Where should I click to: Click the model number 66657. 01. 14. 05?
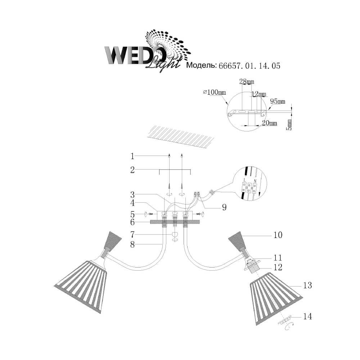[x=249, y=66]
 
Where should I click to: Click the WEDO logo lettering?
[x=135, y=55]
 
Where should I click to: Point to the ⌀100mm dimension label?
[x=215, y=93]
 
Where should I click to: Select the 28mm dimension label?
[x=247, y=81]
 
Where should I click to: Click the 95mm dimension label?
[x=278, y=101]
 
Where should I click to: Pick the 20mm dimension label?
[x=270, y=123]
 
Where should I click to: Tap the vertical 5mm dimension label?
[x=290, y=125]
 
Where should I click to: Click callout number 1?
[x=132, y=156]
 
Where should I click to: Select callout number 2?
[x=132, y=170]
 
